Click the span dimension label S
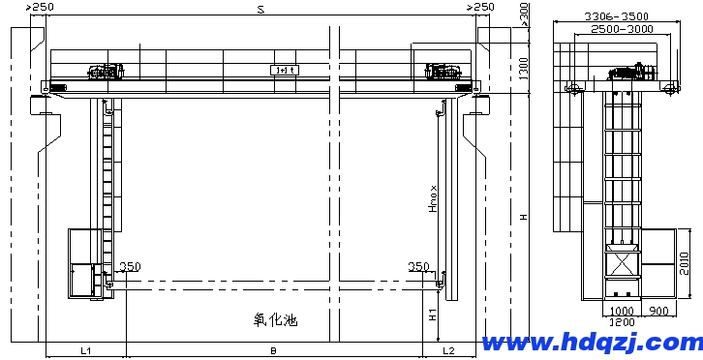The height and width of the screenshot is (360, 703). (x=260, y=10)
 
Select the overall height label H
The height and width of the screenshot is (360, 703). (x=523, y=217)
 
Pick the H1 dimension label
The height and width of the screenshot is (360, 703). (x=433, y=314)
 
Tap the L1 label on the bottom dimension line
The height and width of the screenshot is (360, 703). (x=85, y=349)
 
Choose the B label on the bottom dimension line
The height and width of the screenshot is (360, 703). (x=274, y=349)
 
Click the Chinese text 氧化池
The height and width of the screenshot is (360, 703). (x=273, y=319)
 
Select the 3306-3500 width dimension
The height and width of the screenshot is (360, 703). (x=617, y=16)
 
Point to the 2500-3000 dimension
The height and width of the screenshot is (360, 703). (x=620, y=30)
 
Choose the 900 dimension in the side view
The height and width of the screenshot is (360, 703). (x=659, y=312)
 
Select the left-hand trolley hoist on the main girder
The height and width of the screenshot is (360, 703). (x=106, y=71)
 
